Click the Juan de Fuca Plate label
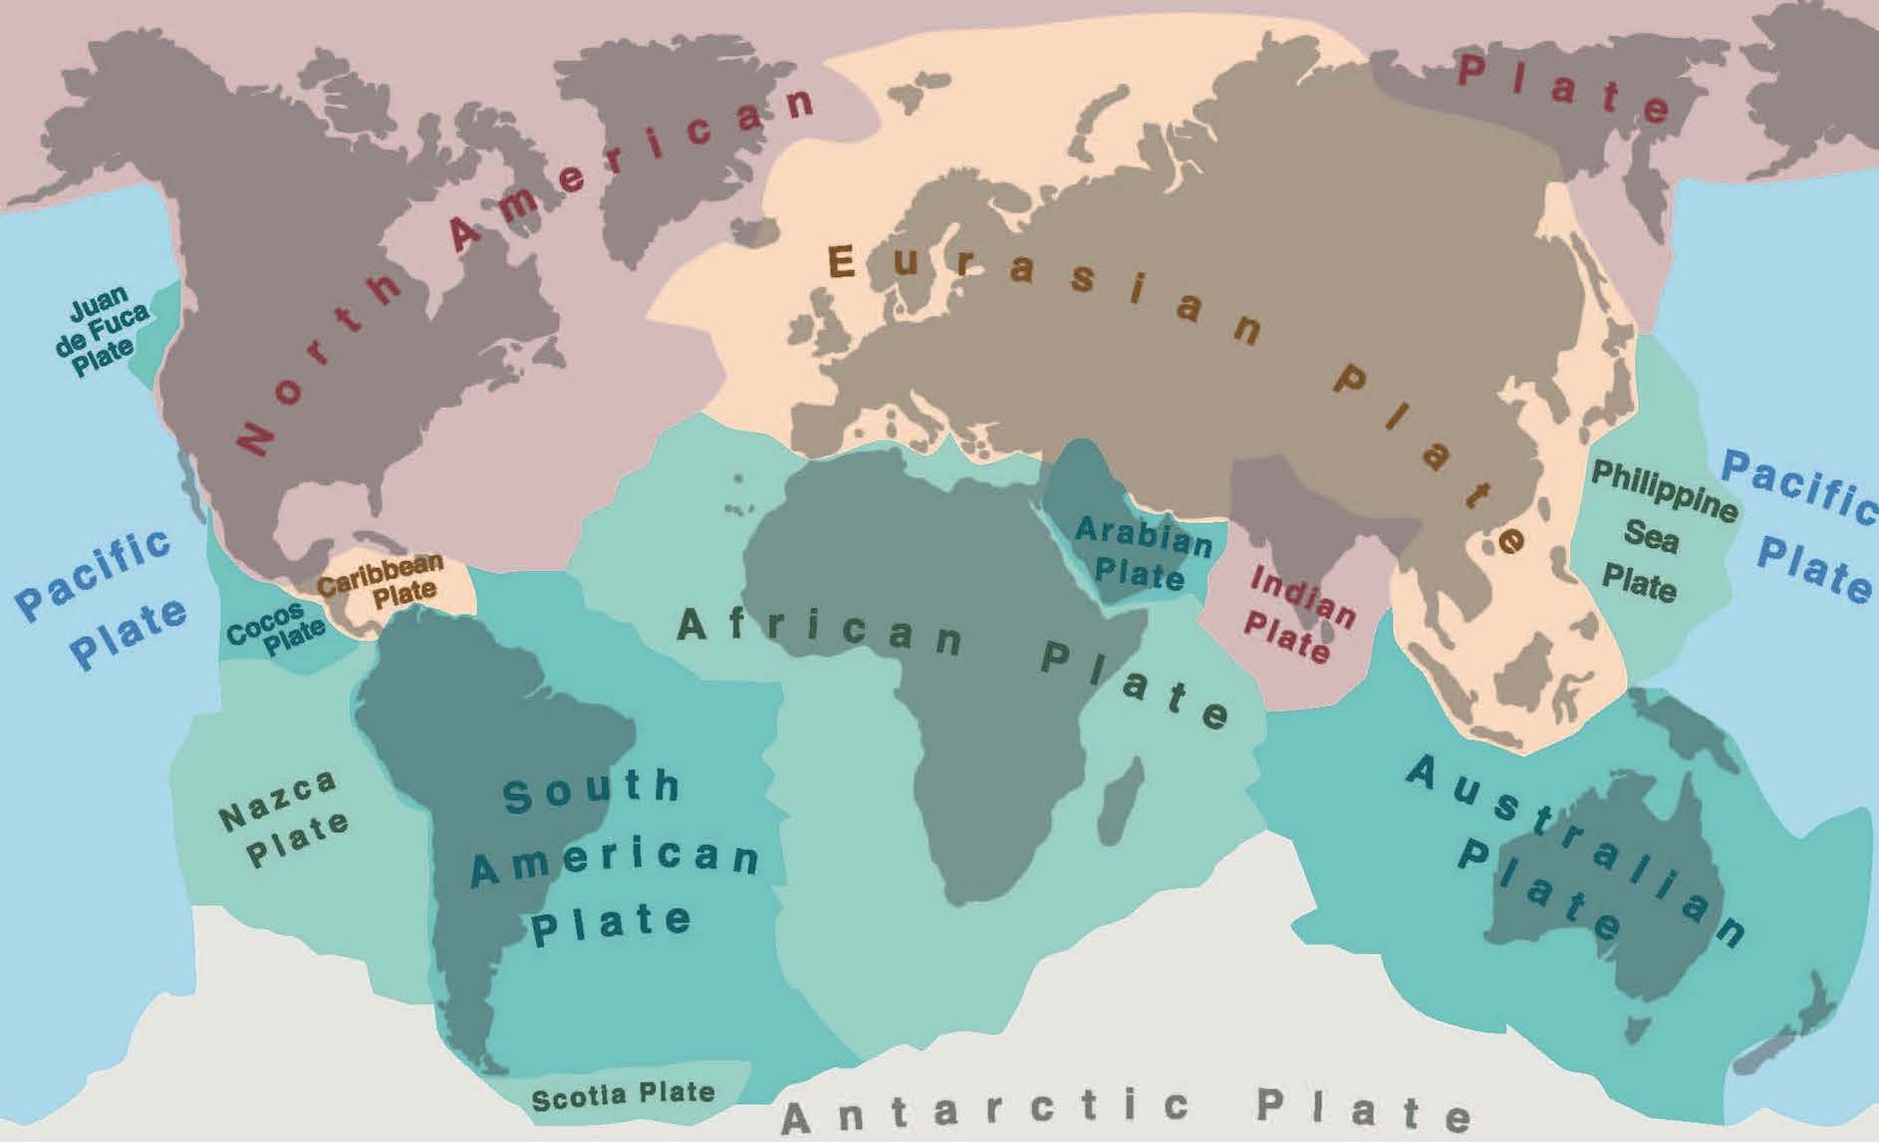tap(103, 330)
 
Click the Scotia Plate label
tap(623, 1095)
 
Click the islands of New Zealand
tap(1793, 1036)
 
